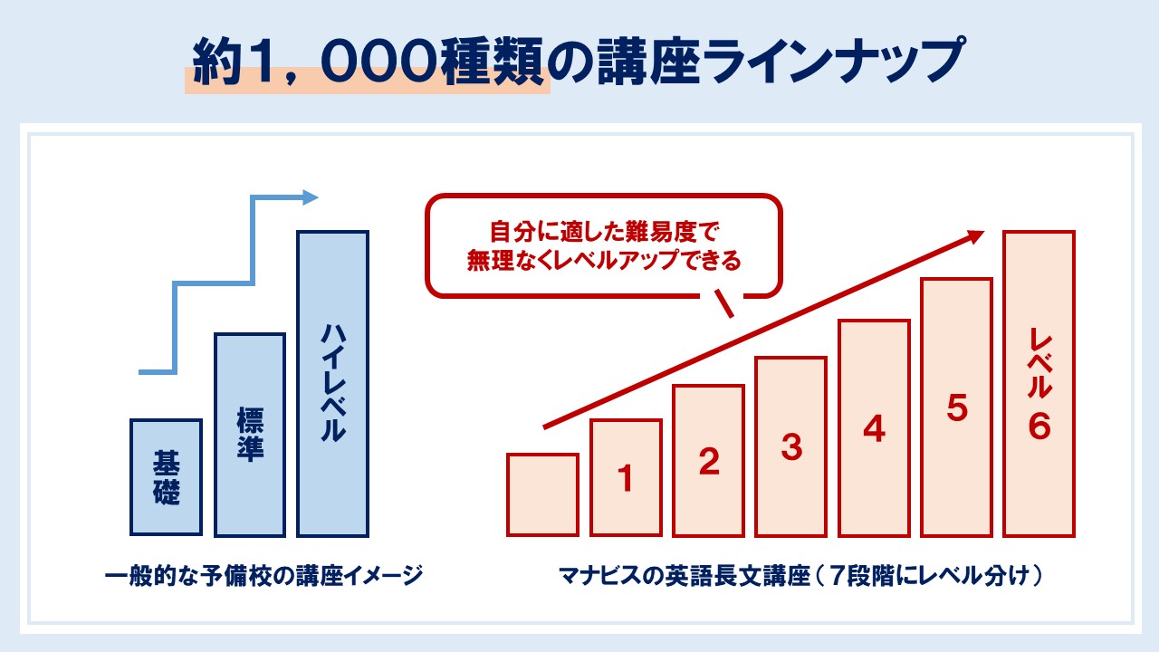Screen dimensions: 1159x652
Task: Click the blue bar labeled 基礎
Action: tap(166, 477)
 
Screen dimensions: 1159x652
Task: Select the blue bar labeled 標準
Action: tap(250, 436)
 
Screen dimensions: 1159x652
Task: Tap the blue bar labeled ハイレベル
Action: tap(332, 384)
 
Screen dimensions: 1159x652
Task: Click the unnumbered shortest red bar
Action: tap(542, 494)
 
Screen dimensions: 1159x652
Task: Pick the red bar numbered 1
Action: tap(626, 477)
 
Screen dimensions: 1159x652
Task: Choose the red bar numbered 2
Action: tap(709, 461)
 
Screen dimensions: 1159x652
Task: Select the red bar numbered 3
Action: tap(791, 446)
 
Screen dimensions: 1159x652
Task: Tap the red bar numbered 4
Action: tap(875, 428)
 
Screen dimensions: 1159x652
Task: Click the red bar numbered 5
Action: tap(957, 407)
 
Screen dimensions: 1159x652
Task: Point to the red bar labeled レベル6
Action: tap(1039, 384)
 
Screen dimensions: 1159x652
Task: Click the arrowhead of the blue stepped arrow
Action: tap(311, 197)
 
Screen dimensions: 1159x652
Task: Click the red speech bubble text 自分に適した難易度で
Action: tap(604, 231)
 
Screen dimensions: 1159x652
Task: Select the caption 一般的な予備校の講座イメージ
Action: tap(263, 575)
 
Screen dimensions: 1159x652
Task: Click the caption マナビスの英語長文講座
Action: tap(684, 575)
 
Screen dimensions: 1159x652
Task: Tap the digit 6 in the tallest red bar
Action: tap(1039, 427)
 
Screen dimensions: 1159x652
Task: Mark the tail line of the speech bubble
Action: tap(724, 302)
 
